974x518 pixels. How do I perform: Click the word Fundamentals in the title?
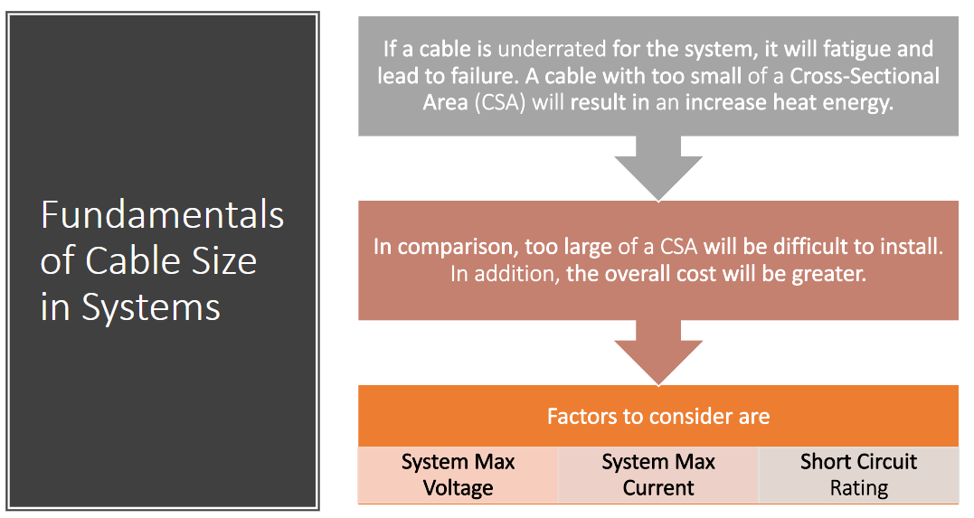pos(162,215)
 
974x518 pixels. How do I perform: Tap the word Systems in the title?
pos(151,307)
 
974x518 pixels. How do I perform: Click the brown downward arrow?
pos(658,353)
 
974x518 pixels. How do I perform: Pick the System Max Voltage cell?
pos(459,475)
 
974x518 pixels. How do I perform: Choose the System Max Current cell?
pos(658,475)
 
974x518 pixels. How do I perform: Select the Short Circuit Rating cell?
pos(858,475)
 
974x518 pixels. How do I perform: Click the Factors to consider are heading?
pos(658,416)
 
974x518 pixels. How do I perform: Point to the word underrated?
pos(552,49)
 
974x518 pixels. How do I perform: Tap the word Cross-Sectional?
pos(865,76)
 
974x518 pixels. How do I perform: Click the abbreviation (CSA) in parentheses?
pos(500,102)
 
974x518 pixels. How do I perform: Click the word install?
pos(915,247)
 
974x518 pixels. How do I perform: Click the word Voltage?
pos(459,488)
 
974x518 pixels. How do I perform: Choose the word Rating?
pos(859,488)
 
